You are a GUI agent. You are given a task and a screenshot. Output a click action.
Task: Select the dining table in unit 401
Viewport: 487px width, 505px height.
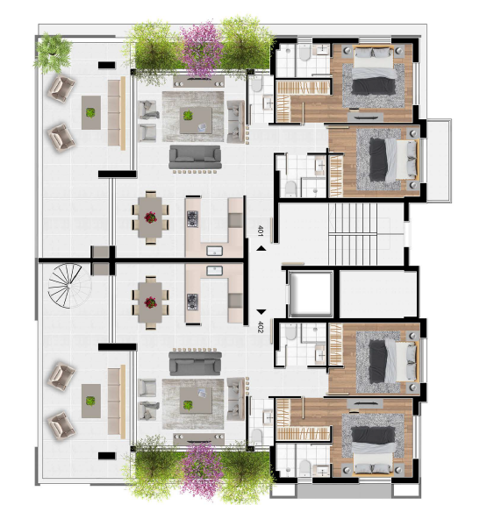[x=151, y=216]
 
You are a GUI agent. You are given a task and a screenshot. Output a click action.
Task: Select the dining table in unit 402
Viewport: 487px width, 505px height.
[x=151, y=301]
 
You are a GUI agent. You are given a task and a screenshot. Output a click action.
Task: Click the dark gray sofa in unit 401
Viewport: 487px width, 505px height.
[x=194, y=155]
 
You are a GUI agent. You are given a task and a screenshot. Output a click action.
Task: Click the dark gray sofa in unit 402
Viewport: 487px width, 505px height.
[x=194, y=360]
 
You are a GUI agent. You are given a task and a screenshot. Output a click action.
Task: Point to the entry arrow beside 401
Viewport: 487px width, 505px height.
[x=261, y=251]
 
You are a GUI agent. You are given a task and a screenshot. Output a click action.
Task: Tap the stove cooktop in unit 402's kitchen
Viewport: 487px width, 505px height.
[x=193, y=301]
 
